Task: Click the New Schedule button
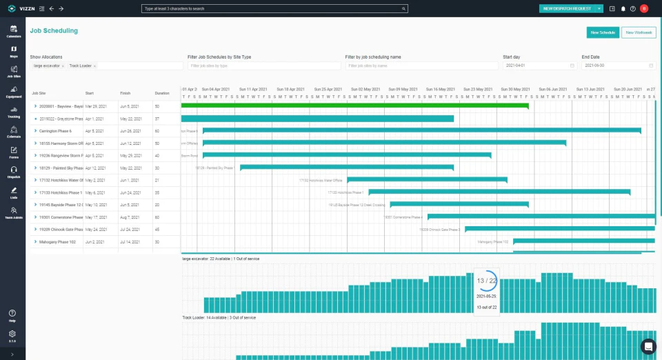(603, 32)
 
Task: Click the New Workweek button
(639, 32)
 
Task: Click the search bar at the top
(274, 9)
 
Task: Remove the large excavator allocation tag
(63, 66)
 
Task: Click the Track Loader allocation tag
(80, 66)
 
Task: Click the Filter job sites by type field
(264, 66)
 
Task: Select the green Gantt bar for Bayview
(354, 106)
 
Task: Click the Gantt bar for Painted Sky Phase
(346, 167)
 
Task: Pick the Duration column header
(162, 92)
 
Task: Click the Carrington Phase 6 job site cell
(56, 130)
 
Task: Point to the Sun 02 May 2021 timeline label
(365, 89)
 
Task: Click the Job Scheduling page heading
(54, 31)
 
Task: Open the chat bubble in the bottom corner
(648, 346)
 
